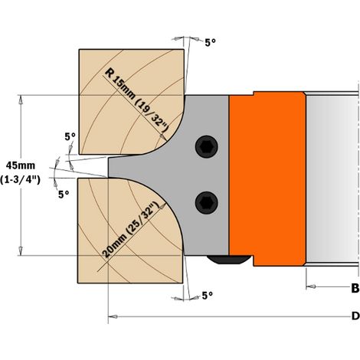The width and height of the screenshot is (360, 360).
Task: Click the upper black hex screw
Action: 207,146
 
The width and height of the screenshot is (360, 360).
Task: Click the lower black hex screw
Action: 207,203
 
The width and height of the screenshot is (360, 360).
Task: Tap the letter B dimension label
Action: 355,289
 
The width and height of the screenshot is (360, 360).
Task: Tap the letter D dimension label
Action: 355,316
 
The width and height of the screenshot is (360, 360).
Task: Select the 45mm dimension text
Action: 21,165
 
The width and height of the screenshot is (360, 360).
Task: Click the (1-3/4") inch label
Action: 20,180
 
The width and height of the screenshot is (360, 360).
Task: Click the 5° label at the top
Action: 211,43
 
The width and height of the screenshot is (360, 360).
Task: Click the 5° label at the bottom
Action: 208,296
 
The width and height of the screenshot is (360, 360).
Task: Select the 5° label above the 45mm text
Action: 70,137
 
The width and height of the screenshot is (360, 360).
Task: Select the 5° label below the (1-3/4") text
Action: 64,195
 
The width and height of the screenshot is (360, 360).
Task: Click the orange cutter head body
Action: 267,178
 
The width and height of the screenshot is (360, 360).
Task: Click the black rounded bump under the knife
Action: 227,260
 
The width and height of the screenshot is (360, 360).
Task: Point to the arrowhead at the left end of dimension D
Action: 113,316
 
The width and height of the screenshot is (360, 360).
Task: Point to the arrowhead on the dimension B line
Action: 311,286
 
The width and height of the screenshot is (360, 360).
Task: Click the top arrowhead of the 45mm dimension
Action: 21,100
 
